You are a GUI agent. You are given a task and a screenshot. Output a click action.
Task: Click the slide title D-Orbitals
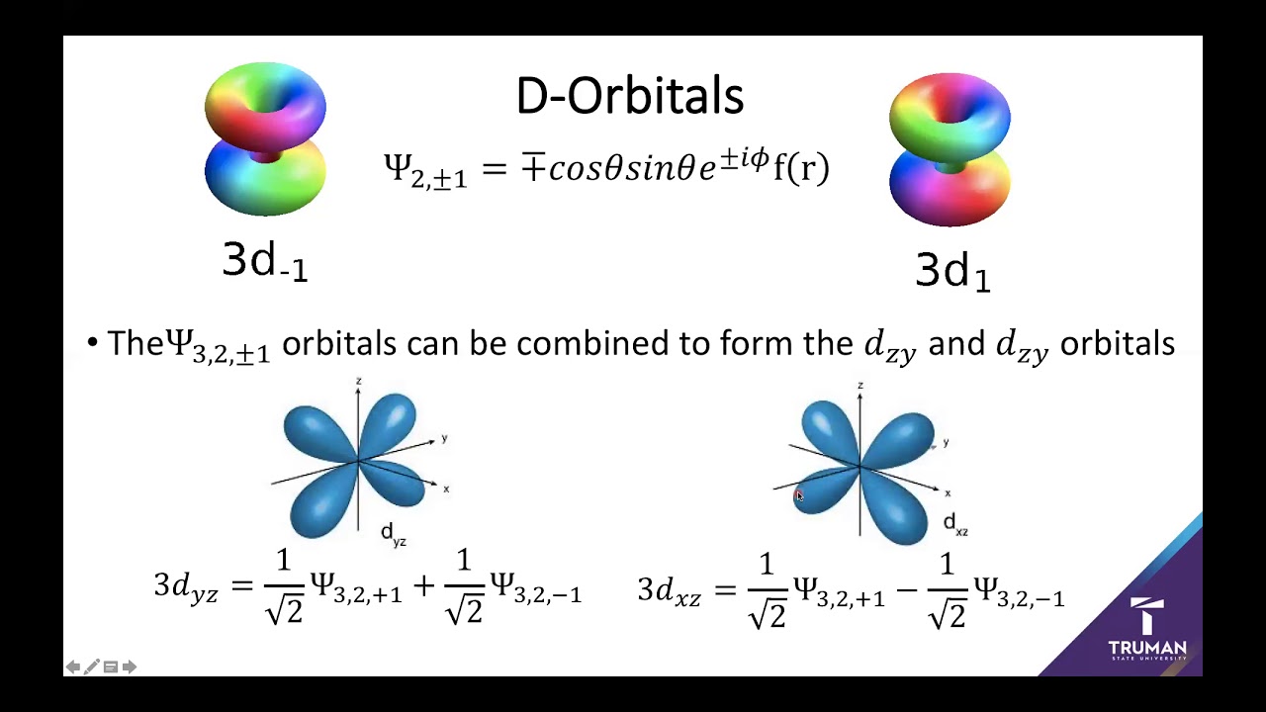tap(629, 97)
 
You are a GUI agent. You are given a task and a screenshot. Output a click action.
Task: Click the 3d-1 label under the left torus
tap(264, 261)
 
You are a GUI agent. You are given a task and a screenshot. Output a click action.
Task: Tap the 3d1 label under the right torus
tap(951, 270)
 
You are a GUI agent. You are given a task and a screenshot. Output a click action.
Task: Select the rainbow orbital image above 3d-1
tap(265, 138)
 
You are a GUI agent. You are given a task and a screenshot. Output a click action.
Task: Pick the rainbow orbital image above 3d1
tap(949, 148)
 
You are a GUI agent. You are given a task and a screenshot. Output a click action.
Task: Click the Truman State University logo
tap(1147, 631)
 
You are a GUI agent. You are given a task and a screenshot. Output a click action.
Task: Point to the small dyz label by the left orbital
tap(394, 535)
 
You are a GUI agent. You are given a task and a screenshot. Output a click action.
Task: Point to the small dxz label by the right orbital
tap(955, 525)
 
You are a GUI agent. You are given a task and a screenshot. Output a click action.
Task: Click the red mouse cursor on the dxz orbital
tap(799, 496)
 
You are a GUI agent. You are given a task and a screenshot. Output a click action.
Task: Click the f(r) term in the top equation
tap(800, 168)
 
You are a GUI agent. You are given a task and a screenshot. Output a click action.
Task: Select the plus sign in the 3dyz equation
tap(423, 586)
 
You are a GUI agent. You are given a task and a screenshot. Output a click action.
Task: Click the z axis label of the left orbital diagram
tap(358, 381)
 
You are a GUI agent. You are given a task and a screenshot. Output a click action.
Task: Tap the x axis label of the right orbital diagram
tap(948, 492)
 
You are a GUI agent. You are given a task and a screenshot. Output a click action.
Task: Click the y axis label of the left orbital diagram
tap(445, 438)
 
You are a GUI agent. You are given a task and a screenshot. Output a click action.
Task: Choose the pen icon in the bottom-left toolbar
tap(92, 667)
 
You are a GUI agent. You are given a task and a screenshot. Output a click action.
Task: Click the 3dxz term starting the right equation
tap(670, 591)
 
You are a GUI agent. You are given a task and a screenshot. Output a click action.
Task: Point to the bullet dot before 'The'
tap(93, 343)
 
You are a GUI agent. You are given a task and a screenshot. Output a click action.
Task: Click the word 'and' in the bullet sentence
tap(956, 343)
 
